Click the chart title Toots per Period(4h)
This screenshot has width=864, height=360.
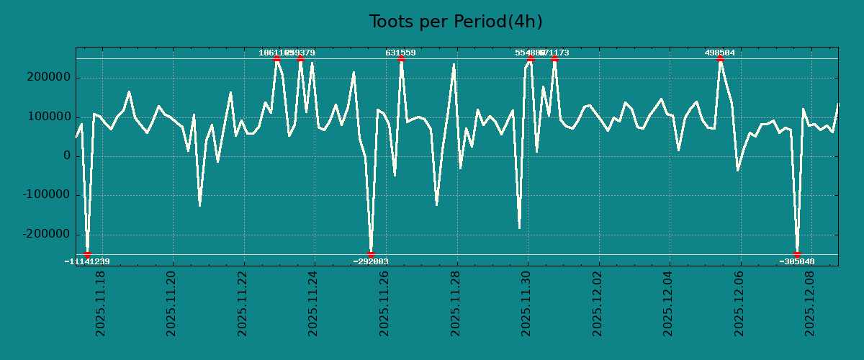[x=455, y=22]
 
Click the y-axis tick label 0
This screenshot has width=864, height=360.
[x=67, y=156]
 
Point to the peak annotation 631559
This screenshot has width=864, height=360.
[x=400, y=53]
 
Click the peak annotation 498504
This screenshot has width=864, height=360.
[x=719, y=53]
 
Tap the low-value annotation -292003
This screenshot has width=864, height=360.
[x=371, y=261]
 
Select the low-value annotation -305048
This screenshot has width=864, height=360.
[x=797, y=261]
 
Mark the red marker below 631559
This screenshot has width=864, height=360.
[x=401, y=58]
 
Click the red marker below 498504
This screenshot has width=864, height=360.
[x=720, y=58]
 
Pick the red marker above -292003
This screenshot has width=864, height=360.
[x=371, y=254]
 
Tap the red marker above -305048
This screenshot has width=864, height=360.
[x=797, y=254]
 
